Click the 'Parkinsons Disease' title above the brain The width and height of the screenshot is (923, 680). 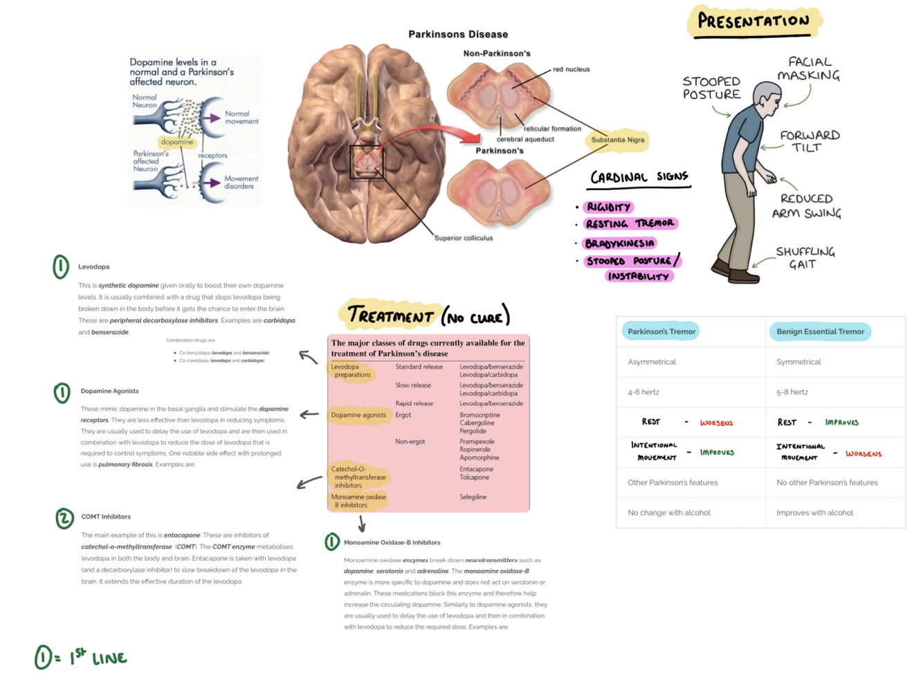[458, 34]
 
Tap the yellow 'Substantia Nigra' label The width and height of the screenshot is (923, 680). [617, 140]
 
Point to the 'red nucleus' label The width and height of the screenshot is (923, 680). [571, 69]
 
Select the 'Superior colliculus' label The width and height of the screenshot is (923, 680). [464, 238]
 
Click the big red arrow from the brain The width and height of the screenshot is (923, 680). [443, 132]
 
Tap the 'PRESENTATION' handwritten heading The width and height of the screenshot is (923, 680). [753, 21]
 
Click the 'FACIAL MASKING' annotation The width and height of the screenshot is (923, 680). [809, 68]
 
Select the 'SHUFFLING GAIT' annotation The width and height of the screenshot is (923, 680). [805, 257]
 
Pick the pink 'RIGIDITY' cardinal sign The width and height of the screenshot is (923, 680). [609, 207]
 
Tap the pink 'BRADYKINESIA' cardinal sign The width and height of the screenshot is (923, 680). [619, 243]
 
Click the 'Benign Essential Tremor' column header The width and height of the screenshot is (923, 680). [820, 331]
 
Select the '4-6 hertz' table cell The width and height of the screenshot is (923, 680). [643, 392]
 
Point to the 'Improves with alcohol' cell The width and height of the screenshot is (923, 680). [814, 513]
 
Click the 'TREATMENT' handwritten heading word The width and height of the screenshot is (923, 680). [391, 315]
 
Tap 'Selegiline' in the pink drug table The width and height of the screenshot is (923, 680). [473, 497]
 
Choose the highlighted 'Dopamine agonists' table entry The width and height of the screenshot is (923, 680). [358, 415]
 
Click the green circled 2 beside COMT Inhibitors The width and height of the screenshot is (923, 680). [64, 518]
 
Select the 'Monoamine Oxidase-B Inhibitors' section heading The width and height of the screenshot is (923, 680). [392, 542]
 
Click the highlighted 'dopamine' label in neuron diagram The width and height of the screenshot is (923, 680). [177, 142]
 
